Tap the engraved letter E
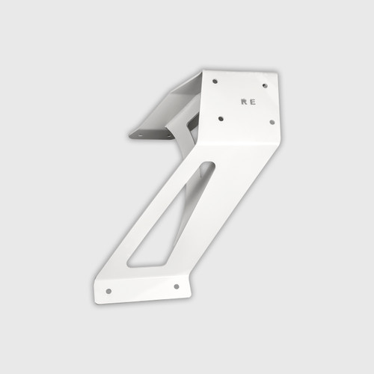point(253,100)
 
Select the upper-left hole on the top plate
point(215,81)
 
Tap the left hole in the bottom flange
point(108,290)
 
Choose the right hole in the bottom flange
point(177,285)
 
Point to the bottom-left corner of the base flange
point(96,301)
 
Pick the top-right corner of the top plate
point(278,74)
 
